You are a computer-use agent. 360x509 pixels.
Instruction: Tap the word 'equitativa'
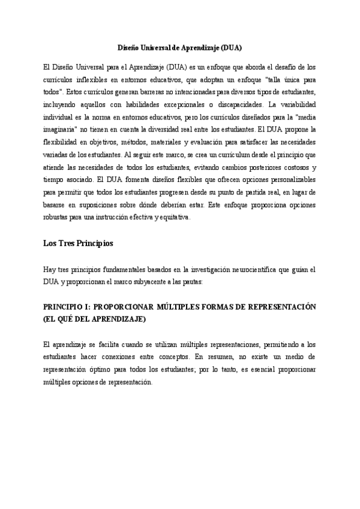pyautogui.click(x=175, y=217)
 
